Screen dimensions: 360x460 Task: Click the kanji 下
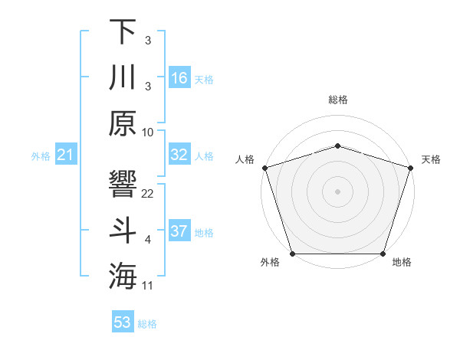(x=123, y=31)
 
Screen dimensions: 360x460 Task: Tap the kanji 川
(x=123, y=77)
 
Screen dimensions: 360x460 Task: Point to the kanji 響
(x=123, y=185)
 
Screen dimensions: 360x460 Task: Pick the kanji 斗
(x=123, y=231)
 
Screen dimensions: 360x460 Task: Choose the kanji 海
(x=123, y=277)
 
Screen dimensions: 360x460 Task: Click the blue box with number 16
(x=179, y=77)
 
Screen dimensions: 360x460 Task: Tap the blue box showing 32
(x=179, y=155)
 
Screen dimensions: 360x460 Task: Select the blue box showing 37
(x=179, y=231)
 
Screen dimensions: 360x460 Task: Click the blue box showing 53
(x=123, y=322)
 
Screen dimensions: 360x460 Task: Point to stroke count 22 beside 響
(x=148, y=193)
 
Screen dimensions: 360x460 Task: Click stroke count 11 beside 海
(x=148, y=286)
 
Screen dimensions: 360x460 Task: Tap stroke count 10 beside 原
(x=148, y=132)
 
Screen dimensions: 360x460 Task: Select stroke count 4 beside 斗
(x=148, y=240)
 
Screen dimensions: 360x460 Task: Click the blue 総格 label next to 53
(x=147, y=324)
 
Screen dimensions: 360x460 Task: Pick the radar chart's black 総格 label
(x=338, y=100)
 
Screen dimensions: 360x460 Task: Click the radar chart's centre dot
(x=337, y=191)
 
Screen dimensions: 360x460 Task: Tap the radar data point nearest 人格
(x=264, y=167)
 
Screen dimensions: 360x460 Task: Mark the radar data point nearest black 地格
(x=383, y=254)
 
